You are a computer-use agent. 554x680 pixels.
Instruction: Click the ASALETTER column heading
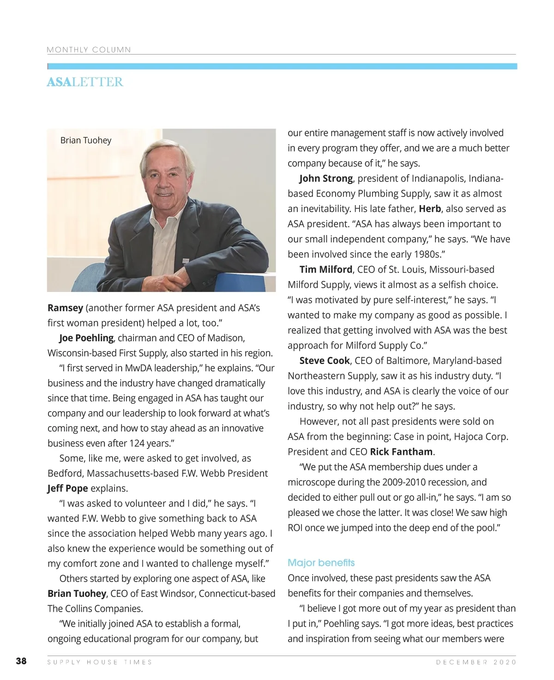tap(85, 82)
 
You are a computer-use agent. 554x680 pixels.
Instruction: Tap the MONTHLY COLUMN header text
tap(89, 50)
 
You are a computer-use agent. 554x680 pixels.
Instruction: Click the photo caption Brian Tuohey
tap(86, 140)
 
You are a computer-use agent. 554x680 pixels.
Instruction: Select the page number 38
tap(21, 661)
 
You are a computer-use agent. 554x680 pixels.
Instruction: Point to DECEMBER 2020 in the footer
tap(476, 662)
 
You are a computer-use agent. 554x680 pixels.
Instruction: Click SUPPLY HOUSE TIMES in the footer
tap(100, 662)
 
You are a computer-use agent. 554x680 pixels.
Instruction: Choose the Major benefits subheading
tap(321, 563)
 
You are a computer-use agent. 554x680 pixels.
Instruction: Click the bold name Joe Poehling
tap(86, 338)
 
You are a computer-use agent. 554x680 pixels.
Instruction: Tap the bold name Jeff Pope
tap(67, 488)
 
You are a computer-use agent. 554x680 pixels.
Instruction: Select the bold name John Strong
tap(326, 178)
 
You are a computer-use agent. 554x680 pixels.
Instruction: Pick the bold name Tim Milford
tap(326, 269)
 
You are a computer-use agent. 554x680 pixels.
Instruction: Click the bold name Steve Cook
tap(325, 360)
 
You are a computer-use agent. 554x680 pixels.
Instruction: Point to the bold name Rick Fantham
tap(401, 451)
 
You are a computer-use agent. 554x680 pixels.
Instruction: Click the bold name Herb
tap(430, 209)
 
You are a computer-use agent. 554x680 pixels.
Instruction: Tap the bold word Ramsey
tap(65, 308)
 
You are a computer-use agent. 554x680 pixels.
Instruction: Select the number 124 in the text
tap(137, 443)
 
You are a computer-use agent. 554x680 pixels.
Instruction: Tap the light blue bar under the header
tap(282, 67)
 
